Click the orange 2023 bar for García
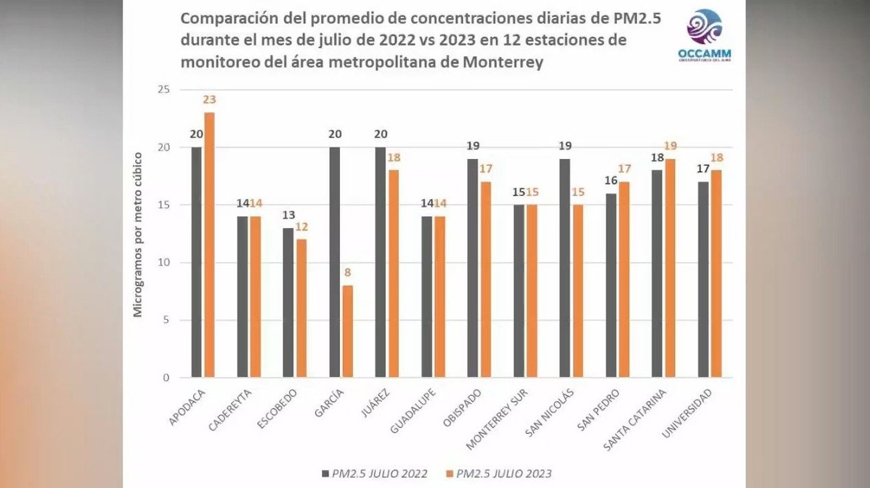[348, 332]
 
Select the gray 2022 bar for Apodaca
[196, 262]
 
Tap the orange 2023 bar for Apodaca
[209, 245]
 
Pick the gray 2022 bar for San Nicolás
[565, 268]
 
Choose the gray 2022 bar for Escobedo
[288, 303]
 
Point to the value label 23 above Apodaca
[209, 100]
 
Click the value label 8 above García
[348, 273]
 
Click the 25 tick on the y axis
[163, 90]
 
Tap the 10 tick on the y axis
[163, 263]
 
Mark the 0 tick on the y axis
[166, 378]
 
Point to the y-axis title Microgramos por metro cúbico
[137, 234]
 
